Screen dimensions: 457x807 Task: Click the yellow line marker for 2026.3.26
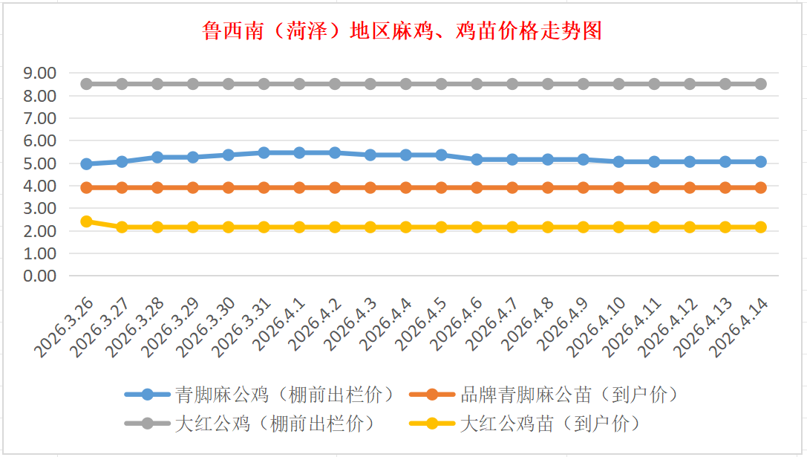[86, 221]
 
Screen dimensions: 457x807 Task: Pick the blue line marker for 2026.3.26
[86, 163]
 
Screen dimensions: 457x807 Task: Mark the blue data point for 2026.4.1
[299, 152]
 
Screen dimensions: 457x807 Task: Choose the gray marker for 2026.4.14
[761, 84]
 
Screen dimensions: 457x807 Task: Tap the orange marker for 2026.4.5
[441, 187]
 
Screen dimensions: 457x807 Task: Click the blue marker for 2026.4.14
[761, 161]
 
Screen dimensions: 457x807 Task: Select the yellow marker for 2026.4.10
[618, 227]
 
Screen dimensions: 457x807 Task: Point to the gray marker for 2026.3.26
[86, 84]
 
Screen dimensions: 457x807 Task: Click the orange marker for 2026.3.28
[157, 187]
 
